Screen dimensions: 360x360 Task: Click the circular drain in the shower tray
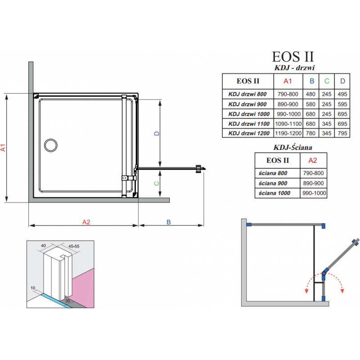[51, 145]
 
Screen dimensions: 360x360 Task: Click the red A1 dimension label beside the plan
[3, 148]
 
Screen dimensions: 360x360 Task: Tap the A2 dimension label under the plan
[86, 222]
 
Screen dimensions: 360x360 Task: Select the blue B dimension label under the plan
[169, 222]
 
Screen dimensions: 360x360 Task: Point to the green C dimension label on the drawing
[157, 184]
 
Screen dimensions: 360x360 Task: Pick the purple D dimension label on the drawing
[157, 133]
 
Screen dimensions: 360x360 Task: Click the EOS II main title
[293, 57]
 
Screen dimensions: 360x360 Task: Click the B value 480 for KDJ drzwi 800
[310, 94]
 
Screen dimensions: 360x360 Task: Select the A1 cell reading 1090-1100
[288, 124]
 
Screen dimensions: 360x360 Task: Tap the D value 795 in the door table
[342, 133]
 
